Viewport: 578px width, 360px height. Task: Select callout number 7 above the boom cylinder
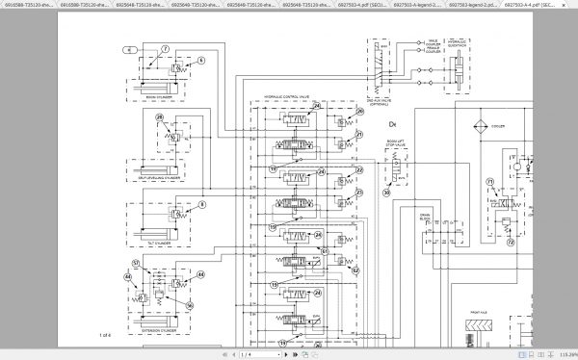164,47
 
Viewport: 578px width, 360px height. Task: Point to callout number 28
160,118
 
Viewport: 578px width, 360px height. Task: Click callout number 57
326,251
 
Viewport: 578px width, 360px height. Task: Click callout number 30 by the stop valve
387,193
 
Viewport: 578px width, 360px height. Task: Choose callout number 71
489,181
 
